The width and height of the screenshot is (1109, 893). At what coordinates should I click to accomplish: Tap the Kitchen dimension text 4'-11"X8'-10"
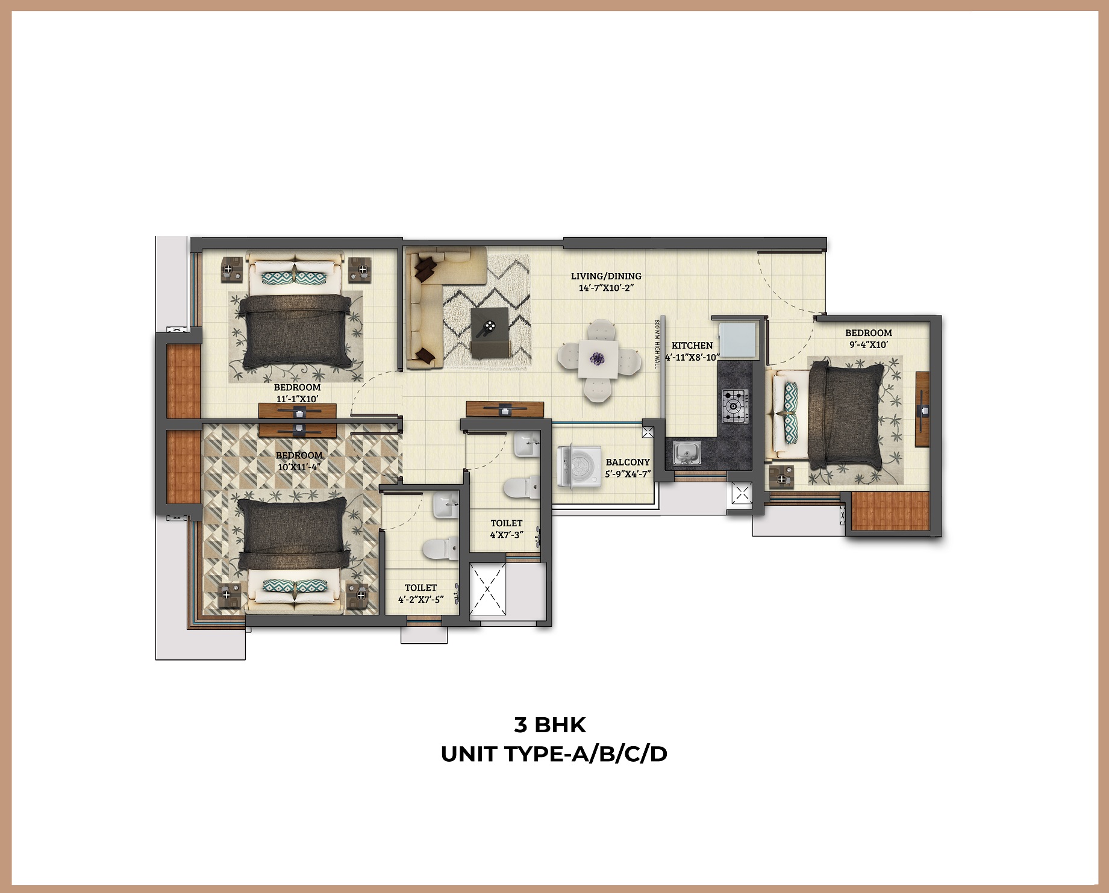pyautogui.click(x=692, y=357)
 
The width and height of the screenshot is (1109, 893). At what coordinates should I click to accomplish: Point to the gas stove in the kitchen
pyautogui.click(x=734, y=406)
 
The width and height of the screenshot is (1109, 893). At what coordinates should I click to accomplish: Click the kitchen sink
pyautogui.click(x=686, y=453)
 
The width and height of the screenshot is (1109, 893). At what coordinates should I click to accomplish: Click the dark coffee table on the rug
pyautogui.click(x=490, y=331)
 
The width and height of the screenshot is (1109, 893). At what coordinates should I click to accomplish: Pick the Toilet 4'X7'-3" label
pyautogui.click(x=507, y=529)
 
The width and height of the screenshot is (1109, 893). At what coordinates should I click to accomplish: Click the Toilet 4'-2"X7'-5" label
pyautogui.click(x=420, y=593)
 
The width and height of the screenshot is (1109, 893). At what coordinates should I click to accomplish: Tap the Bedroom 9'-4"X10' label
pyautogui.click(x=868, y=338)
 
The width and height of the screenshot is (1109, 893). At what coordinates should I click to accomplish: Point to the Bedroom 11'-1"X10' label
pyautogui.click(x=297, y=393)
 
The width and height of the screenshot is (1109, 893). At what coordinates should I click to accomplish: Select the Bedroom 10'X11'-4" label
pyautogui.click(x=299, y=461)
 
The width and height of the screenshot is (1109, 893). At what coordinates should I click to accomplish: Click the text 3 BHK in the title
pyautogui.click(x=550, y=725)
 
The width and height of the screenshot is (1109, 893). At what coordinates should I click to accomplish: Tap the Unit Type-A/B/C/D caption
pyautogui.click(x=554, y=754)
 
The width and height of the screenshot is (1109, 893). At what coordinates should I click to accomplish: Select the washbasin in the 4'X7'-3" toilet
pyautogui.click(x=526, y=445)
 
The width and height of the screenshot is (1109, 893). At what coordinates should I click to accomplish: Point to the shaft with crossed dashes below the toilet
pyautogui.click(x=487, y=589)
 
